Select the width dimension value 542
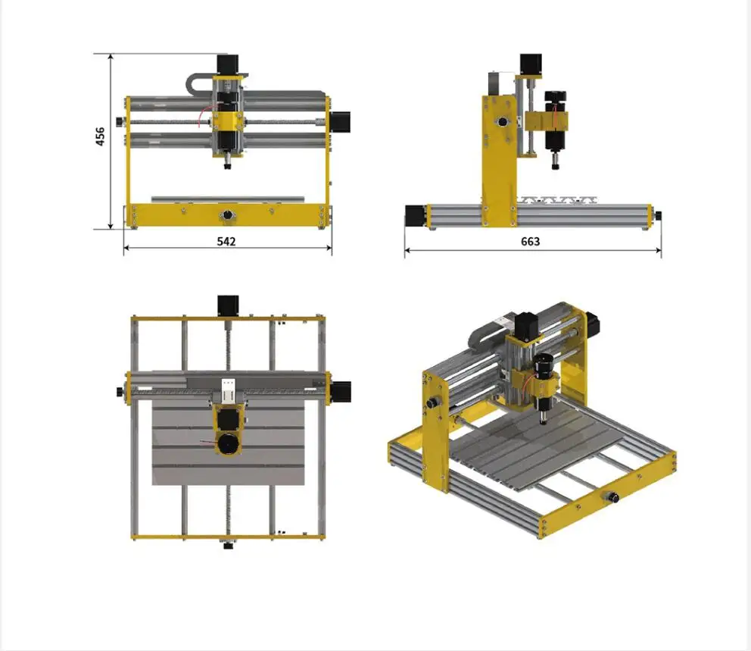(x=226, y=241)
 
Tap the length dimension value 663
(x=531, y=241)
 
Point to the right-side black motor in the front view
(x=340, y=122)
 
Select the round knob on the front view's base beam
(x=227, y=216)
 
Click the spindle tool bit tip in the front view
(x=227, y=166)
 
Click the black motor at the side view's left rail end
(x=415, y=215)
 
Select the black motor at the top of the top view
(x=227, y=305)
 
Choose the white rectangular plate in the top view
(x=228, y=392)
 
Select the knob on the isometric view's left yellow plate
(x=435, y=403)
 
